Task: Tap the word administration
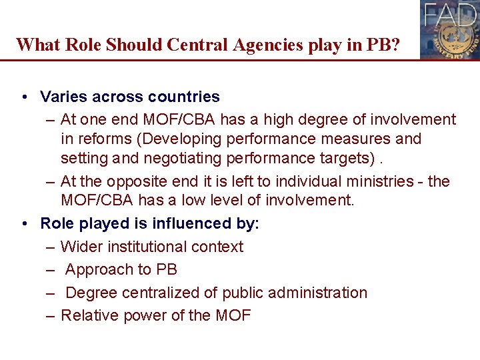coord(317,293)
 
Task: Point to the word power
coord(141,315)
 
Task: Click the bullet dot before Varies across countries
coord(24,97)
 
